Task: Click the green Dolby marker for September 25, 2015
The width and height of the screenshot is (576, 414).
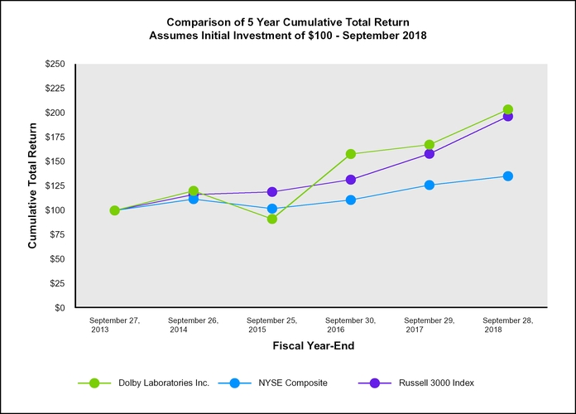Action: pyautogui.click(x=272, y=219)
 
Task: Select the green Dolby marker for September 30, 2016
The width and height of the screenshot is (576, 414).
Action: pyautogui.click(x=351, y=154)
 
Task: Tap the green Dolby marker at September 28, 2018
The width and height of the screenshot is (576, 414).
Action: pyautogui.click(x=508, y=109)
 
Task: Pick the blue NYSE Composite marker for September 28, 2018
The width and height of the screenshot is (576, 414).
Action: pyautogui.click(x=508, y=176)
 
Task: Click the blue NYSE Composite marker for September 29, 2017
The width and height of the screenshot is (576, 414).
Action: pyautogui.click(x=430, y=185)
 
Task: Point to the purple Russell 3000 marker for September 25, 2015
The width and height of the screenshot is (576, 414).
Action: pyautogui.click(x=272, y=191)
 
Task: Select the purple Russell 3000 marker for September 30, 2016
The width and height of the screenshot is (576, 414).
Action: pyautogui.click(x=351, y=180)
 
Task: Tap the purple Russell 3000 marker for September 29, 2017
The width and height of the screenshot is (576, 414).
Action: pyautogui.click(x=430, y=154)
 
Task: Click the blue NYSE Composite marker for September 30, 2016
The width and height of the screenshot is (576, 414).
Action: pyautogui.click(x=351, y=200)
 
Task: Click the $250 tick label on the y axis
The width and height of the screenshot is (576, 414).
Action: pyautogui.click(x=55, y=64)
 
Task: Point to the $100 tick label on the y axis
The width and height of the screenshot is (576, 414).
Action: pyautogui.click(x=55, y=210)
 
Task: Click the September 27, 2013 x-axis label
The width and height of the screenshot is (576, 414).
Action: pyautogui.click(x=114, y=324)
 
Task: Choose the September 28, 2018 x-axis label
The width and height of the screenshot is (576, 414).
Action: pyautogui.click(x=508, y=324)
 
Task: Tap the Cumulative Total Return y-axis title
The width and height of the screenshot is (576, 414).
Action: pyautogui.click(x=33, y=185)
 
